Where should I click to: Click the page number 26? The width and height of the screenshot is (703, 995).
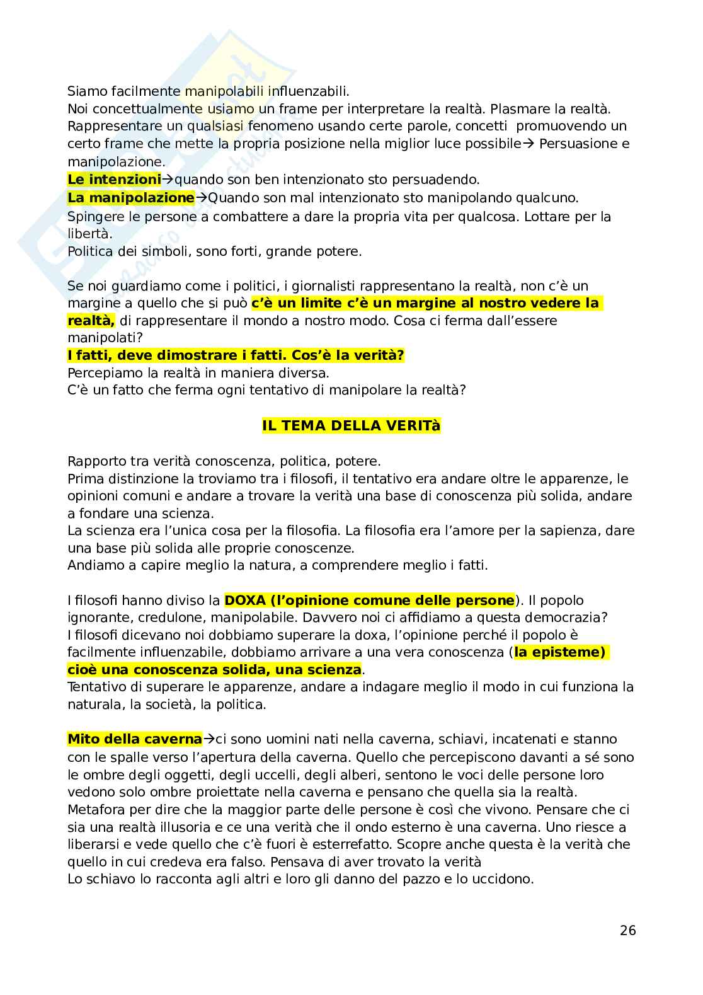coord(627,930)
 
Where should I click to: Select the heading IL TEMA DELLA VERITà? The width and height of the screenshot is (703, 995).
coord(351,426)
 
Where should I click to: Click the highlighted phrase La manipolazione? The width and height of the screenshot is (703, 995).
coord(131,198)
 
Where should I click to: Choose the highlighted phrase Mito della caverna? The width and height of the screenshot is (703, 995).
coord(135,739)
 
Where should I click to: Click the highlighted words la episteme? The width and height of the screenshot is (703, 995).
coord(559,652)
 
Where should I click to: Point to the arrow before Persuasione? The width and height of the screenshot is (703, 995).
coord(529,144)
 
